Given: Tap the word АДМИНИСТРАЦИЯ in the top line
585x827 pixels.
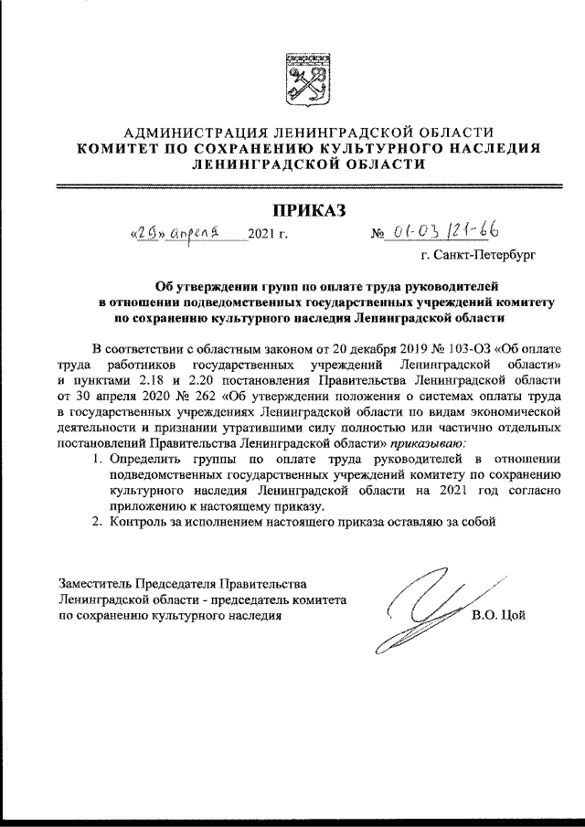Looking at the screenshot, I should [x=191, y=133].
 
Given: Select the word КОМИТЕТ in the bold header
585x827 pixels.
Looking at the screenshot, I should [x=121, y=149].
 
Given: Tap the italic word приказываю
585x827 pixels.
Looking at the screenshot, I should [x=433, y=443].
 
